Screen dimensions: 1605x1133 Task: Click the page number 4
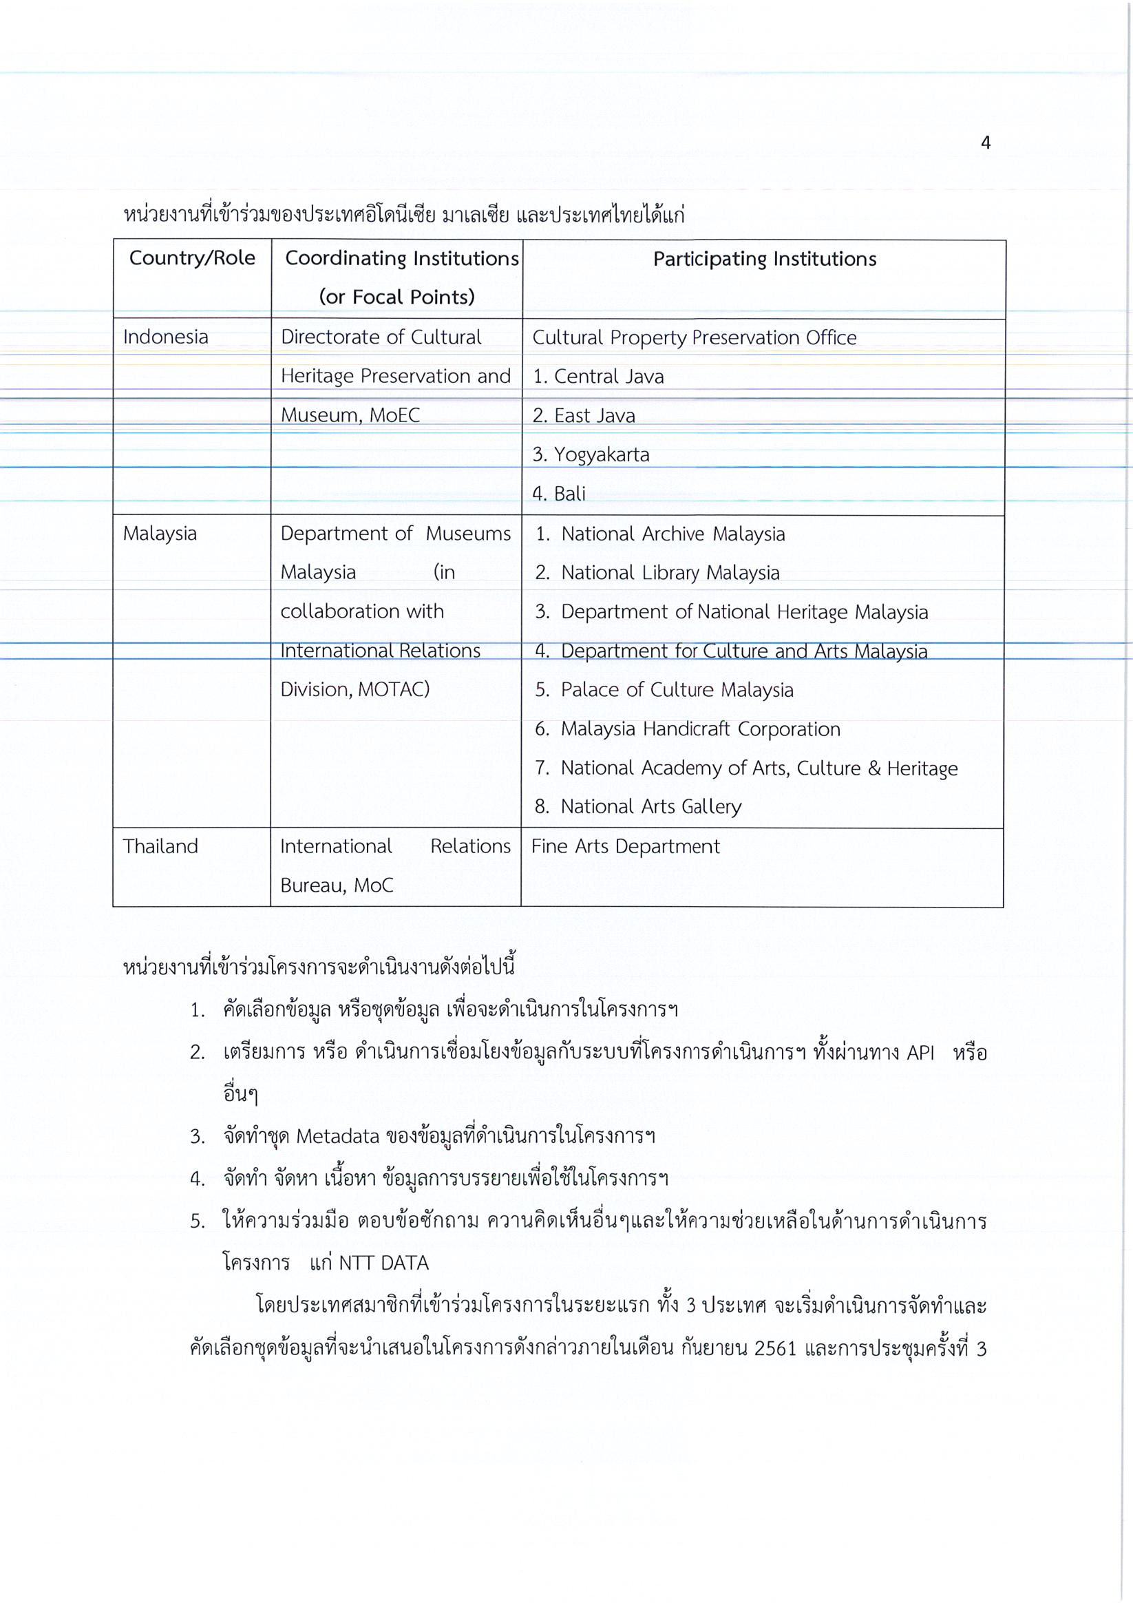(986, 143)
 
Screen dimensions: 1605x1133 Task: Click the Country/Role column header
(192, 259)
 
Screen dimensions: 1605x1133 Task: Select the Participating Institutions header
(764, 260)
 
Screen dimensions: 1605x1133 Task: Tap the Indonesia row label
(166, 337)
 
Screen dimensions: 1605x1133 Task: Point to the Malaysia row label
(160, 534)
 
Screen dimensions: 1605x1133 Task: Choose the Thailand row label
(161, 846)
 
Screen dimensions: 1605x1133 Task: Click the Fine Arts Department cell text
(626, 846)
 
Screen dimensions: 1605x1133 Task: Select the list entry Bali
(569, 494)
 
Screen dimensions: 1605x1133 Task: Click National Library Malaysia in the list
(670, 573)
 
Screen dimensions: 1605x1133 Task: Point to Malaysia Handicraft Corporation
(700, 729)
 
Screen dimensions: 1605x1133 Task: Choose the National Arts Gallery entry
(650, 807)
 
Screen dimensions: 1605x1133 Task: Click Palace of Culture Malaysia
(677, 690)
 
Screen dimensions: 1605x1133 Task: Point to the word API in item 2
(920, 1053)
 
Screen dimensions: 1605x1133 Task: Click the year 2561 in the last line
(776, 1348)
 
